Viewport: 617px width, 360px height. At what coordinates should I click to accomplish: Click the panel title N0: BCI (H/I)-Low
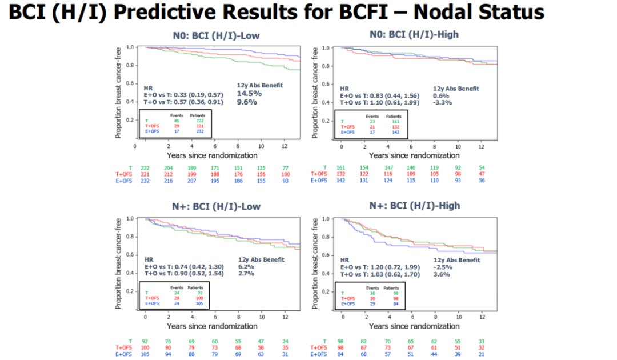pyautogui.click(x=216, y=35)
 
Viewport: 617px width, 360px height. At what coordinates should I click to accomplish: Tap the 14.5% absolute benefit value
pyautogui.click(x=249, y=93)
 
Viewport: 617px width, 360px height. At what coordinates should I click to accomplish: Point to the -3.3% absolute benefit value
pyautogui.click(x=443, y=102)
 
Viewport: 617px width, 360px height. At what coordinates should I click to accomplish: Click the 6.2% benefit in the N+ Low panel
pyautogui.click(x=246, y=267)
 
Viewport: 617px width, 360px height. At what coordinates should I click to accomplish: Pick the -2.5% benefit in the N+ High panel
pyautogui.click(x=443, y=267)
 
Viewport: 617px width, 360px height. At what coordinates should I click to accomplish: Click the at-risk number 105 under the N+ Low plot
pyautogui.click(x=145, y=354)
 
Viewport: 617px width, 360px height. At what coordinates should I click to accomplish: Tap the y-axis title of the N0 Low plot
pyautogui.click(x=119, y=93)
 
